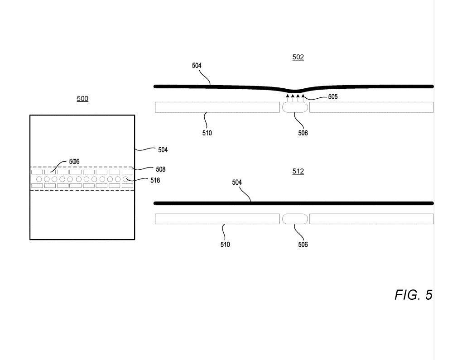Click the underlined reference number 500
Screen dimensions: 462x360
click(82, 99)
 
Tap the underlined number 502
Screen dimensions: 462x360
click(298, 57)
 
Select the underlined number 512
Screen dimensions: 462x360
click(298, 172)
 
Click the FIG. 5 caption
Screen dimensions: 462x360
click(414, 295)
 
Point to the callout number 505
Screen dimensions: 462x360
click(332, 96)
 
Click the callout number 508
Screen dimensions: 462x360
click(161, 169)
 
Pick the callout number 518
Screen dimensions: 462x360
click(155, 180)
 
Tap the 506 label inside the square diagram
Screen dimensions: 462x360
click(74, 162)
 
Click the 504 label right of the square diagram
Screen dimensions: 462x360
click(163, 150)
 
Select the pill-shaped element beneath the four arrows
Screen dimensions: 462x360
click(295, 107)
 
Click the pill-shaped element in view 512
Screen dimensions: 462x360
click(295, 219)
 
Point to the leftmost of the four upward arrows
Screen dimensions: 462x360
click(288, 98)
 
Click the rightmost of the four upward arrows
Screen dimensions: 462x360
click(303, 98)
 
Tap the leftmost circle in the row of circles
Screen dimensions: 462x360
click(39, 179)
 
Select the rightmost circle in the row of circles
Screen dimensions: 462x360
click(125, 179)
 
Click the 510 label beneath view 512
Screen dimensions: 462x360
click(225, 245)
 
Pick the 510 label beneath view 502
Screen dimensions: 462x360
click(207, 133)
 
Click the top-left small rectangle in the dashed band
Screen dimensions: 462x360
click(37, 172)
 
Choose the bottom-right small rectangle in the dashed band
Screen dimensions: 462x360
click(128, 186)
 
